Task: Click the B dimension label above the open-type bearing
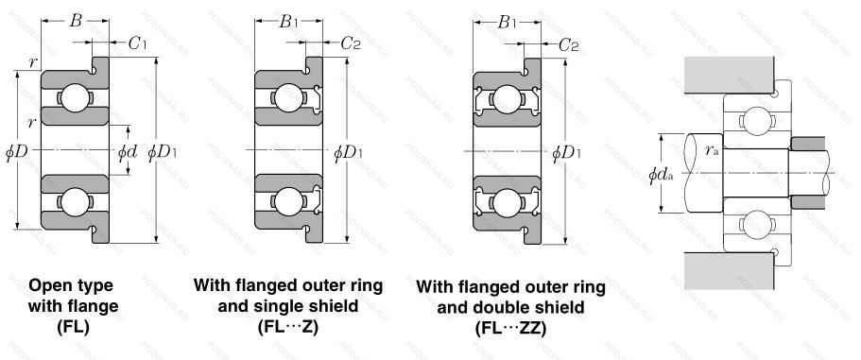coord(76,21)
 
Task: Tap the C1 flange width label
coord(137,43)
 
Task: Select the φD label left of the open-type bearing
coord(16,152)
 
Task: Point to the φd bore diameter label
coord(128,152)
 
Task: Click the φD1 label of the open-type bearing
coord(163,152)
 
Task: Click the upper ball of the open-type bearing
coord(76,97)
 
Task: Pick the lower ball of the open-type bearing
coord(76,201)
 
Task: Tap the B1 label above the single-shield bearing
coord(289,22)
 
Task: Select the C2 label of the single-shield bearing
coord(351,43)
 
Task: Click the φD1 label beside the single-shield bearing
coord(348,152)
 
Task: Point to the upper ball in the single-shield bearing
coord(288,97)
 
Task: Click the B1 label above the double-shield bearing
coord(508,23)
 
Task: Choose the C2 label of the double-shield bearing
coord(569,45)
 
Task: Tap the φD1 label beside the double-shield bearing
coord(567,153)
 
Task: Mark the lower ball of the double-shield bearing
coord(507,202)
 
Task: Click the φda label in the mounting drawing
coord(662,175)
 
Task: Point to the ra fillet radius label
coord(713,150)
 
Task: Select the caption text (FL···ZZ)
coord(510,328)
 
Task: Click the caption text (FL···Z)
coord(288,327)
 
